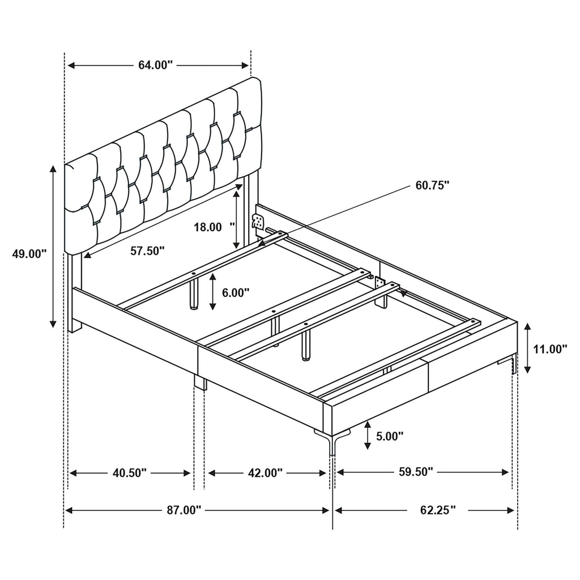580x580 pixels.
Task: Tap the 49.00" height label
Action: pos(29,254)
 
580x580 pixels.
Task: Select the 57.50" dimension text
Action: pos(147,250)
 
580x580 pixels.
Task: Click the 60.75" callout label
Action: pos(432,185)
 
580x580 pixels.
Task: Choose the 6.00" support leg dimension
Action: pos(236,293)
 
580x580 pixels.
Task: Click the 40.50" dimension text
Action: pos(130,472)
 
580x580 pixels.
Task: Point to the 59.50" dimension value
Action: pos(416,471)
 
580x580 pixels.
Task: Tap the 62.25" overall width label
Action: pos(438,510)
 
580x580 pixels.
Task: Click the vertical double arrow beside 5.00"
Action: pos(368,435)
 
